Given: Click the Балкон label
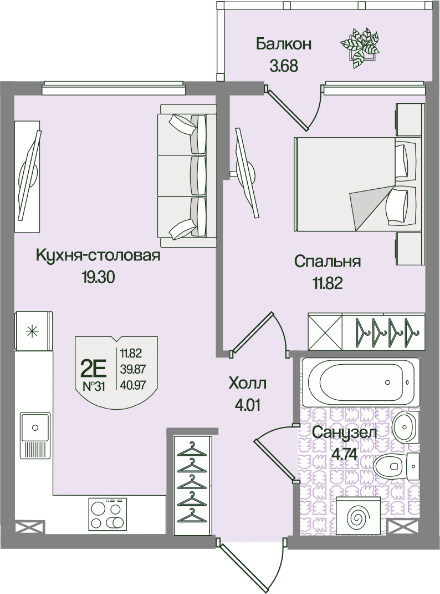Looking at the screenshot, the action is click(x=284, y=44).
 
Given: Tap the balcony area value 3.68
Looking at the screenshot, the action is click(x=284, y=66).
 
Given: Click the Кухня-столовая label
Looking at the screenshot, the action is click(x=98, y=256).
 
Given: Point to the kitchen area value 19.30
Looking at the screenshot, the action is click(x=98, y=278).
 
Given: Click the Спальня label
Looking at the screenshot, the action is click(x=328, y=262).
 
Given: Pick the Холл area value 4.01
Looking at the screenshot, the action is click(x=248, y=405).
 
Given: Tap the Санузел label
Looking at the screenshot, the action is click(x=344, y=432).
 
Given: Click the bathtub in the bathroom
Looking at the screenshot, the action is click(x=361, y=382).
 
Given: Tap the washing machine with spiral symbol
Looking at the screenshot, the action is click(x=358, y=517).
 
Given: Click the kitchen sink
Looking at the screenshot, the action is click(x=35, y=435).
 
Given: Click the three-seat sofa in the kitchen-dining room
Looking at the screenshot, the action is click(x=188, y=176).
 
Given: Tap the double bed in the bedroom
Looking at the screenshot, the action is click(x=357, y=184).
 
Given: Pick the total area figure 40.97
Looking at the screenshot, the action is click(x=133, y=386).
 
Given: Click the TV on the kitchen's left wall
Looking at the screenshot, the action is click(x=28, y=176).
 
